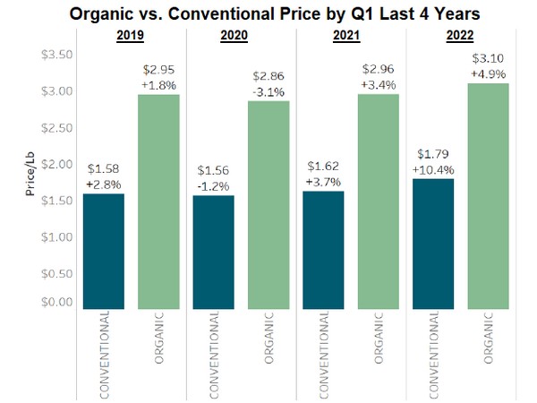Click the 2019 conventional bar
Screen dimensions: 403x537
pyautogui.click(x=103, y=251)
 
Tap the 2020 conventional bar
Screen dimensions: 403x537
pyautogui.click(x=212, y=252)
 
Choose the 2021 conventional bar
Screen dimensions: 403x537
pyautogui.click(x=322, y=250)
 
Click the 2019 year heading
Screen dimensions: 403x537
pyautogui.click(x=130, y=37)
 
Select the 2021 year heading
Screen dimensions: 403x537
pyautogui.click(x=350, y=37)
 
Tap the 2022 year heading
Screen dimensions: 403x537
pyautogui.click(x=460, y=37)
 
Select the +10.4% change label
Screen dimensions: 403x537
pyautogui.click(x=432, y=169)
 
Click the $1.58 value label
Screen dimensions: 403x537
pyautogui.click(x=103, y=167)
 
